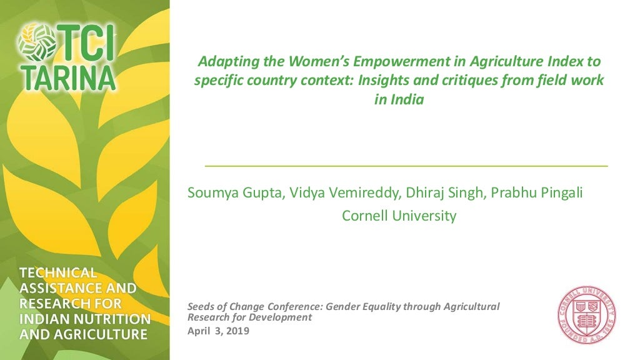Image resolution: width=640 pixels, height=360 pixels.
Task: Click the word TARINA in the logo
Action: pos(66,76)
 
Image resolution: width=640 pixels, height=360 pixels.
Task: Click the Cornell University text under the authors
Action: pos(399,216)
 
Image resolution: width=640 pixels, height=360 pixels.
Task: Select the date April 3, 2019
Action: pos(219,331)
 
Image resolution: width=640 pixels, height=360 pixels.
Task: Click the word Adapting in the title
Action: pos(224,61)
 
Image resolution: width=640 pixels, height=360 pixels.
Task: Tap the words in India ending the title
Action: pos(399,100)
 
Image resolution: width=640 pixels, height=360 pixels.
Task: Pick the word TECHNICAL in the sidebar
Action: pos(58,273)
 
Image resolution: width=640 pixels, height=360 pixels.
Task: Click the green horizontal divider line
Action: pos(406,166)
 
